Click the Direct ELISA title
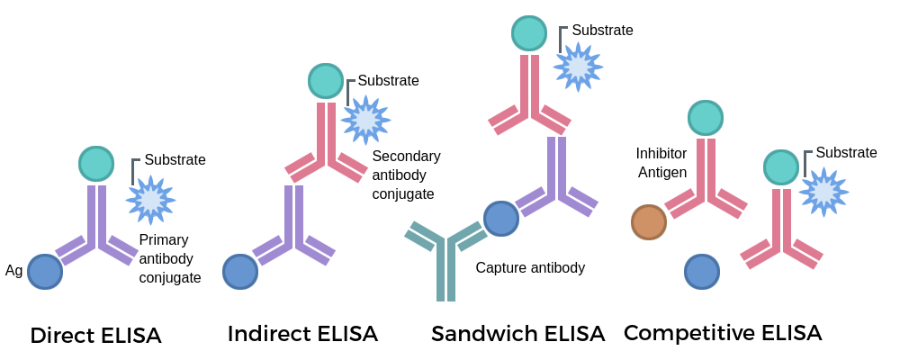tap(95, 336)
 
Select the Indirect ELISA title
tap(302, 334)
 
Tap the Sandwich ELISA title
tap(517, 334)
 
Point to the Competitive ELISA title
tap(723, 333)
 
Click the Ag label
tap(13, 270)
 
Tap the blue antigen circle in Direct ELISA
tap(44, 271)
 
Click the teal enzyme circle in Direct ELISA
tap(96, 164)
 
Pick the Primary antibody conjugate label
tap(170, 259)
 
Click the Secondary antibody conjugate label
tap(406, 175)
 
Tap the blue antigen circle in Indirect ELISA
tap(240, 271)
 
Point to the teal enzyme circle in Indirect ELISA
tap(326, 81)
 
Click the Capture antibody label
tap(530, 267)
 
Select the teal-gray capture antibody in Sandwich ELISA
tap(445, 261)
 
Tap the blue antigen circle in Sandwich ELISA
tap(501, 219)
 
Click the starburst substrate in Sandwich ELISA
tap(578, 67)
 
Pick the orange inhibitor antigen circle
tap(648, 222)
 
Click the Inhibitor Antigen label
tap(661, 163)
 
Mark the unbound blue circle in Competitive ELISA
tap(702, 271)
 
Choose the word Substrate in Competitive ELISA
tap(846, 153)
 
